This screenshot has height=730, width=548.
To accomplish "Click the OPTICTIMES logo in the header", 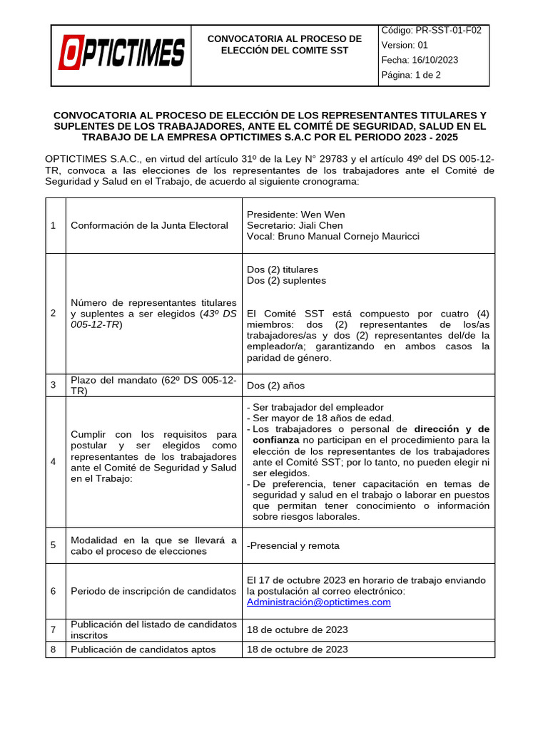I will click(x=122, y=54).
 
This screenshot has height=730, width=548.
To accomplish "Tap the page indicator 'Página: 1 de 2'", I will click(x=411, y=75).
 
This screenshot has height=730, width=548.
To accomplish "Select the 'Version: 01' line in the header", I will click(x=405, y=45).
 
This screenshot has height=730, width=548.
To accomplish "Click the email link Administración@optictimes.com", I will click(x=318, y=602).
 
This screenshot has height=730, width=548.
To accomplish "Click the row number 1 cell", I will click(x=54, y=226).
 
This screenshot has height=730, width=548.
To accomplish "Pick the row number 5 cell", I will click(x=54, y=545).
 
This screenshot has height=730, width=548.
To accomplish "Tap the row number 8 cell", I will click(x=54, y=649).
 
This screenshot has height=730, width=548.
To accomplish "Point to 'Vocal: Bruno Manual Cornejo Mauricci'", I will click(x=333, y=236).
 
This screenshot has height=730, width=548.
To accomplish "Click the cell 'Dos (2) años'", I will click(x=275, y=386).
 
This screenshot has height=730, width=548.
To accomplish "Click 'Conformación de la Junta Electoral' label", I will click(x=149, y=226).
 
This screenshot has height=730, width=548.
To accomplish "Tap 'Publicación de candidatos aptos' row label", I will click(x=143, y=649).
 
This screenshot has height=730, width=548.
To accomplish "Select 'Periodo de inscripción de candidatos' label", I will click(x=153, y=591).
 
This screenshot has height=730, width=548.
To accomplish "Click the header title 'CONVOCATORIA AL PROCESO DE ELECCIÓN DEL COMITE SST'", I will click(x=284, y=44).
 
